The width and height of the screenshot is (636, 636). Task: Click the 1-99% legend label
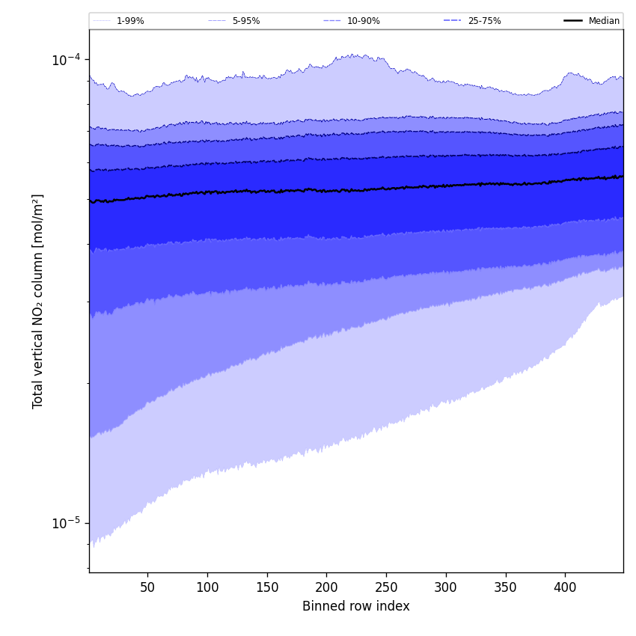[x=130, y=21]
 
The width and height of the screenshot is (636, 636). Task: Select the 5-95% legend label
[x=246, y=21]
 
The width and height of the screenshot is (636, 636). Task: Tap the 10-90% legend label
[x=363, y=21]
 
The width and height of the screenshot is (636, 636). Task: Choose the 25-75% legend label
[x=484, y=21]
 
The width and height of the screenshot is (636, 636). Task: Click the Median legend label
[x=604, y=21]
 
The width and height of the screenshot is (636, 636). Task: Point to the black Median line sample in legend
[x=574, y=21]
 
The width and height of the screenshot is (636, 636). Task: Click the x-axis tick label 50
[x=147, y=587]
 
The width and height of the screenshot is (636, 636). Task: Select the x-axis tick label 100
[x=207, y=587]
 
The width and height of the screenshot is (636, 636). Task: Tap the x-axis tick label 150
[x=267, y=587]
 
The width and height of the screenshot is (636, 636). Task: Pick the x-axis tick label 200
[x=326, y=587]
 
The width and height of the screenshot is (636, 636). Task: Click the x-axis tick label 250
[x=386, y=587]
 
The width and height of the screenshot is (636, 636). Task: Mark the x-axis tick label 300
[x=446, y=587]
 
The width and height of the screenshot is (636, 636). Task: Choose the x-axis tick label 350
[x=506, y=587]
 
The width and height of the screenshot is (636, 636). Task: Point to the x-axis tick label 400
[x=565, y=587]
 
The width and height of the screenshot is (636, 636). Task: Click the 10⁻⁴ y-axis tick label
[x=66, y=60]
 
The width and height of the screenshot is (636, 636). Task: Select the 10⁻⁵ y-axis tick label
[x=66, y=522]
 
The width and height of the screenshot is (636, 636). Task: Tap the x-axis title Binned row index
[x=356, y=606]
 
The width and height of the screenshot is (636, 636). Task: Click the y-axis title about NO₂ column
[x=38, y=301]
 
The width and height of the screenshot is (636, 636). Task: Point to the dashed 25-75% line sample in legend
[x=453, y=21]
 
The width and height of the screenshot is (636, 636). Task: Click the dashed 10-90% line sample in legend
[x=332, y=21]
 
